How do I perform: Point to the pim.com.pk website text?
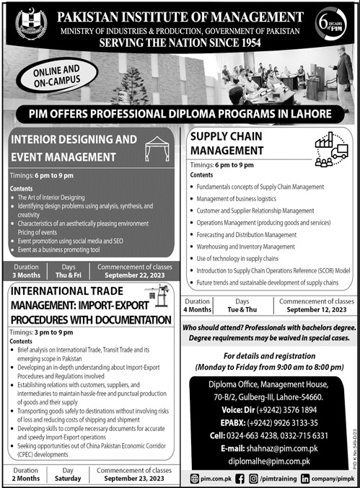[216, 478]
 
